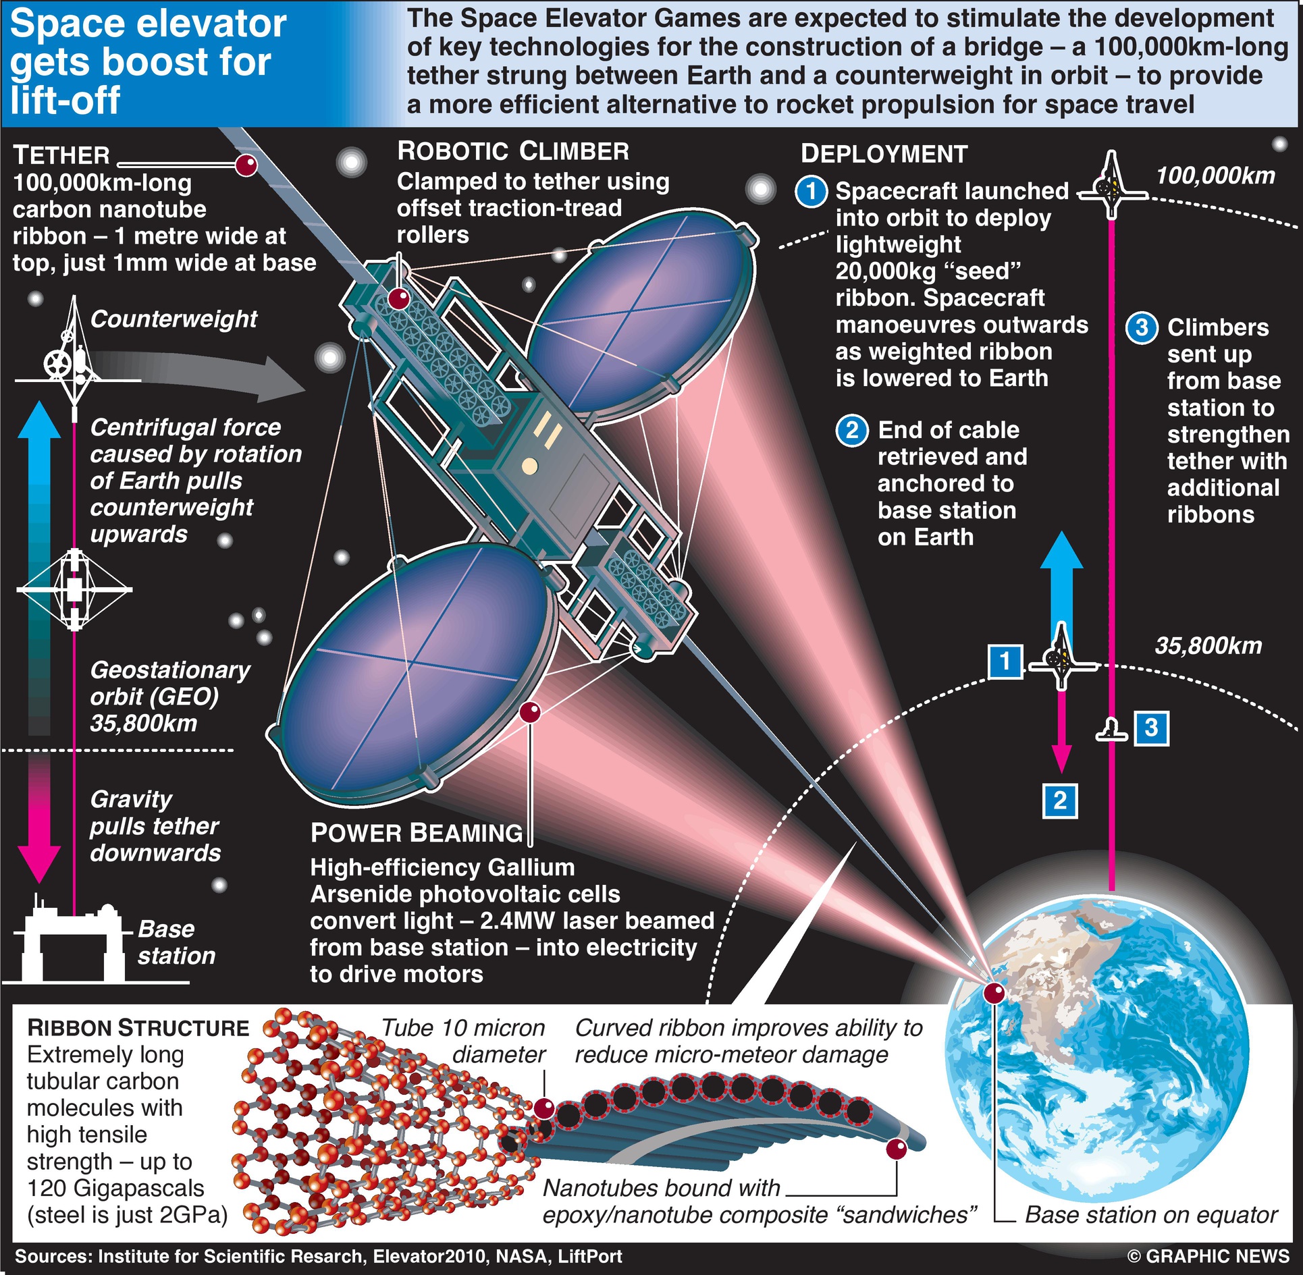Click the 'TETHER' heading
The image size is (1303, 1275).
[61, 155]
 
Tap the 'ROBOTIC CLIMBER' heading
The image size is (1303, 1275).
[513, 151]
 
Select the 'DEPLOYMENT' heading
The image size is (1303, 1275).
[884, 154]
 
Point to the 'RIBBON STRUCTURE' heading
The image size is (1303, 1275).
[138, 1028]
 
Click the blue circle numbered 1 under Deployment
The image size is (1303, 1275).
[812, 192]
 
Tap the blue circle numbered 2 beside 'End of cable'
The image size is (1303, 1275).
[852, 431]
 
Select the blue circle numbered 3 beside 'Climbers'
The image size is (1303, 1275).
[1142, 328]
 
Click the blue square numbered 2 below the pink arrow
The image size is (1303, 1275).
[1060, 801]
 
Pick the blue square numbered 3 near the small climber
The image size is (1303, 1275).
[1152, 728]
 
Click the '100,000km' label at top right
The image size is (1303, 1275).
[1216, 176]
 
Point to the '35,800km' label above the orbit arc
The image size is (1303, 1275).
[1208, 646]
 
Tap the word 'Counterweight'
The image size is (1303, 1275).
[174, 319]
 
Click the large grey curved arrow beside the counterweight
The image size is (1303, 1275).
[203, 376]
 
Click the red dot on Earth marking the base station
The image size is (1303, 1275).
[994, 993]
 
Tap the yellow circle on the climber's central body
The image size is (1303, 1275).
[530, 465]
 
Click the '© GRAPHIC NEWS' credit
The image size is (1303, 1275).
[1208, 1257]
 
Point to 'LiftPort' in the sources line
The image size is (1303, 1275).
[590, 1257]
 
